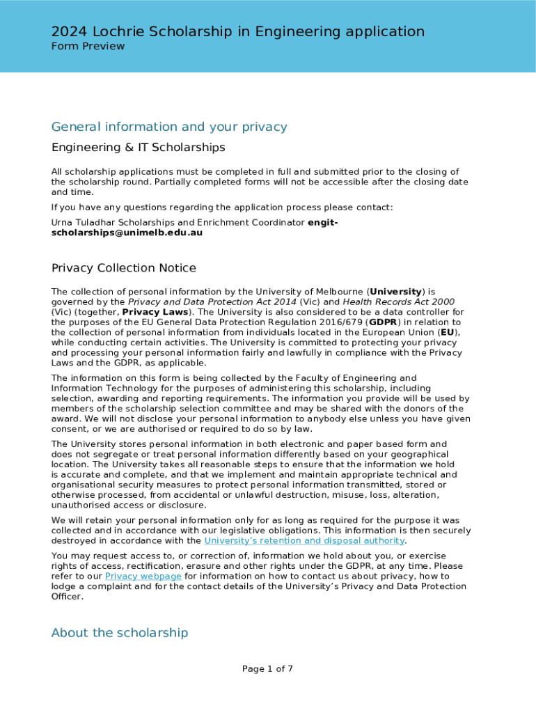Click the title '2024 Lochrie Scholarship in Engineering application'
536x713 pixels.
pyautogui.click(x=237, y=31)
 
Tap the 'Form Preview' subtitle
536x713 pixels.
pyautogui.click(x=88, y=47)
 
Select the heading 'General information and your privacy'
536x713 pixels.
pyautogui.click(x=169, y=127)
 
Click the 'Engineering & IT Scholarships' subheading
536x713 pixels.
pyautogui.click(x=138, y=148)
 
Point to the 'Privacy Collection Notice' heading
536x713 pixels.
pyautogui.click(x=123, y=268)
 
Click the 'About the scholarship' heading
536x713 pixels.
pyautogui.click(x=119, y=633)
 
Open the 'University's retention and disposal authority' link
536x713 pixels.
pyautogui.click(x=304, y=541)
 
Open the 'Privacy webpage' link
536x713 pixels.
pyautogui.click(x=143, y=577)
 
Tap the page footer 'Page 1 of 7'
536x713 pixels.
pyautogui.click(x=267, y=669)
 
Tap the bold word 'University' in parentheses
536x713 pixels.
pyautogui.click(x=395, y=292)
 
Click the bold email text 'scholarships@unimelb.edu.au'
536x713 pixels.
pyautogui.click(x=127, y=233)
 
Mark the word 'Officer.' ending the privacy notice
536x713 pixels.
pyautogui.click(x=67, y=597)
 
